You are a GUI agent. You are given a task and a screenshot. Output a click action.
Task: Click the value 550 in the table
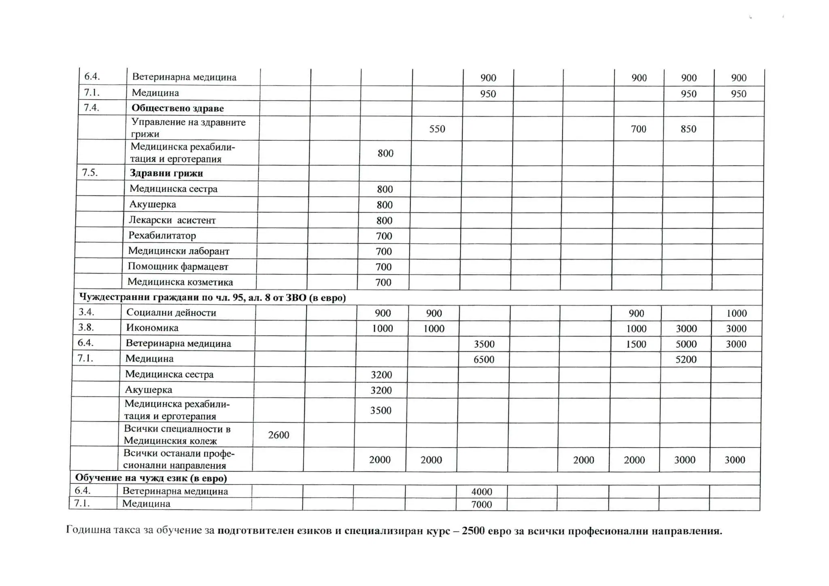[x=437, y=129]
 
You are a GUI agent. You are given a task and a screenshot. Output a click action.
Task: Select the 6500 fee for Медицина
[x=484, y=359]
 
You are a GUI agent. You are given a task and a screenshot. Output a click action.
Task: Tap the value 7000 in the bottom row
[x=481, y=504]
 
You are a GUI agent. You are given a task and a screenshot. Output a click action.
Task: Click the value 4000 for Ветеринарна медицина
[x=481, y=492]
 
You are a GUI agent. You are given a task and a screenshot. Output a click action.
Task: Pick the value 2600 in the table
[x=278, y=435]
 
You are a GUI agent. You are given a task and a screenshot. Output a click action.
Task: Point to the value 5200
[x=686, y=359]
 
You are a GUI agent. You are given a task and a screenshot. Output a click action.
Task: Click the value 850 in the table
[x=688, y=129]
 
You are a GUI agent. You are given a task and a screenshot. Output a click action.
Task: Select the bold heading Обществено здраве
[x=177, y=108]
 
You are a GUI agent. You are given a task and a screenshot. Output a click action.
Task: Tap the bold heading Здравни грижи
[x=166, y=173]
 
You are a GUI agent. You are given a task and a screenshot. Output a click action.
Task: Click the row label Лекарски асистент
[x=172, y=220]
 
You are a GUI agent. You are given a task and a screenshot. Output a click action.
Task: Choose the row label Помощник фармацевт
[x=178, y=266]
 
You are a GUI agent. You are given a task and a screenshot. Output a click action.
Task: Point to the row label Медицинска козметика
[x=180, y=282]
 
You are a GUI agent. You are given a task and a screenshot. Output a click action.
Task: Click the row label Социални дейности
[x=171, y=312]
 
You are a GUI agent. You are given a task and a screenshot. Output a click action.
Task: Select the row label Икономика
[x=152, y=328]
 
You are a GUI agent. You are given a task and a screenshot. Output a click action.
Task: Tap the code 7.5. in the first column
[x=90, y=173]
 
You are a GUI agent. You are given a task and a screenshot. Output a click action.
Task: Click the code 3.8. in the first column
[x=86, y=327]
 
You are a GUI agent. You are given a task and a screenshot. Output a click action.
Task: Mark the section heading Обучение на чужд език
[x=151, y=478]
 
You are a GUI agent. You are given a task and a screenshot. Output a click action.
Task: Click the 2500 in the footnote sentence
[x=473, y=531]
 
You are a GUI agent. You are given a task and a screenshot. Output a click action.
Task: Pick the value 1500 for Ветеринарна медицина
[x=636, y=344]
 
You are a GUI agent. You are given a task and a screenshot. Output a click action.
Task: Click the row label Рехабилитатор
[x=162, y=236]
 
